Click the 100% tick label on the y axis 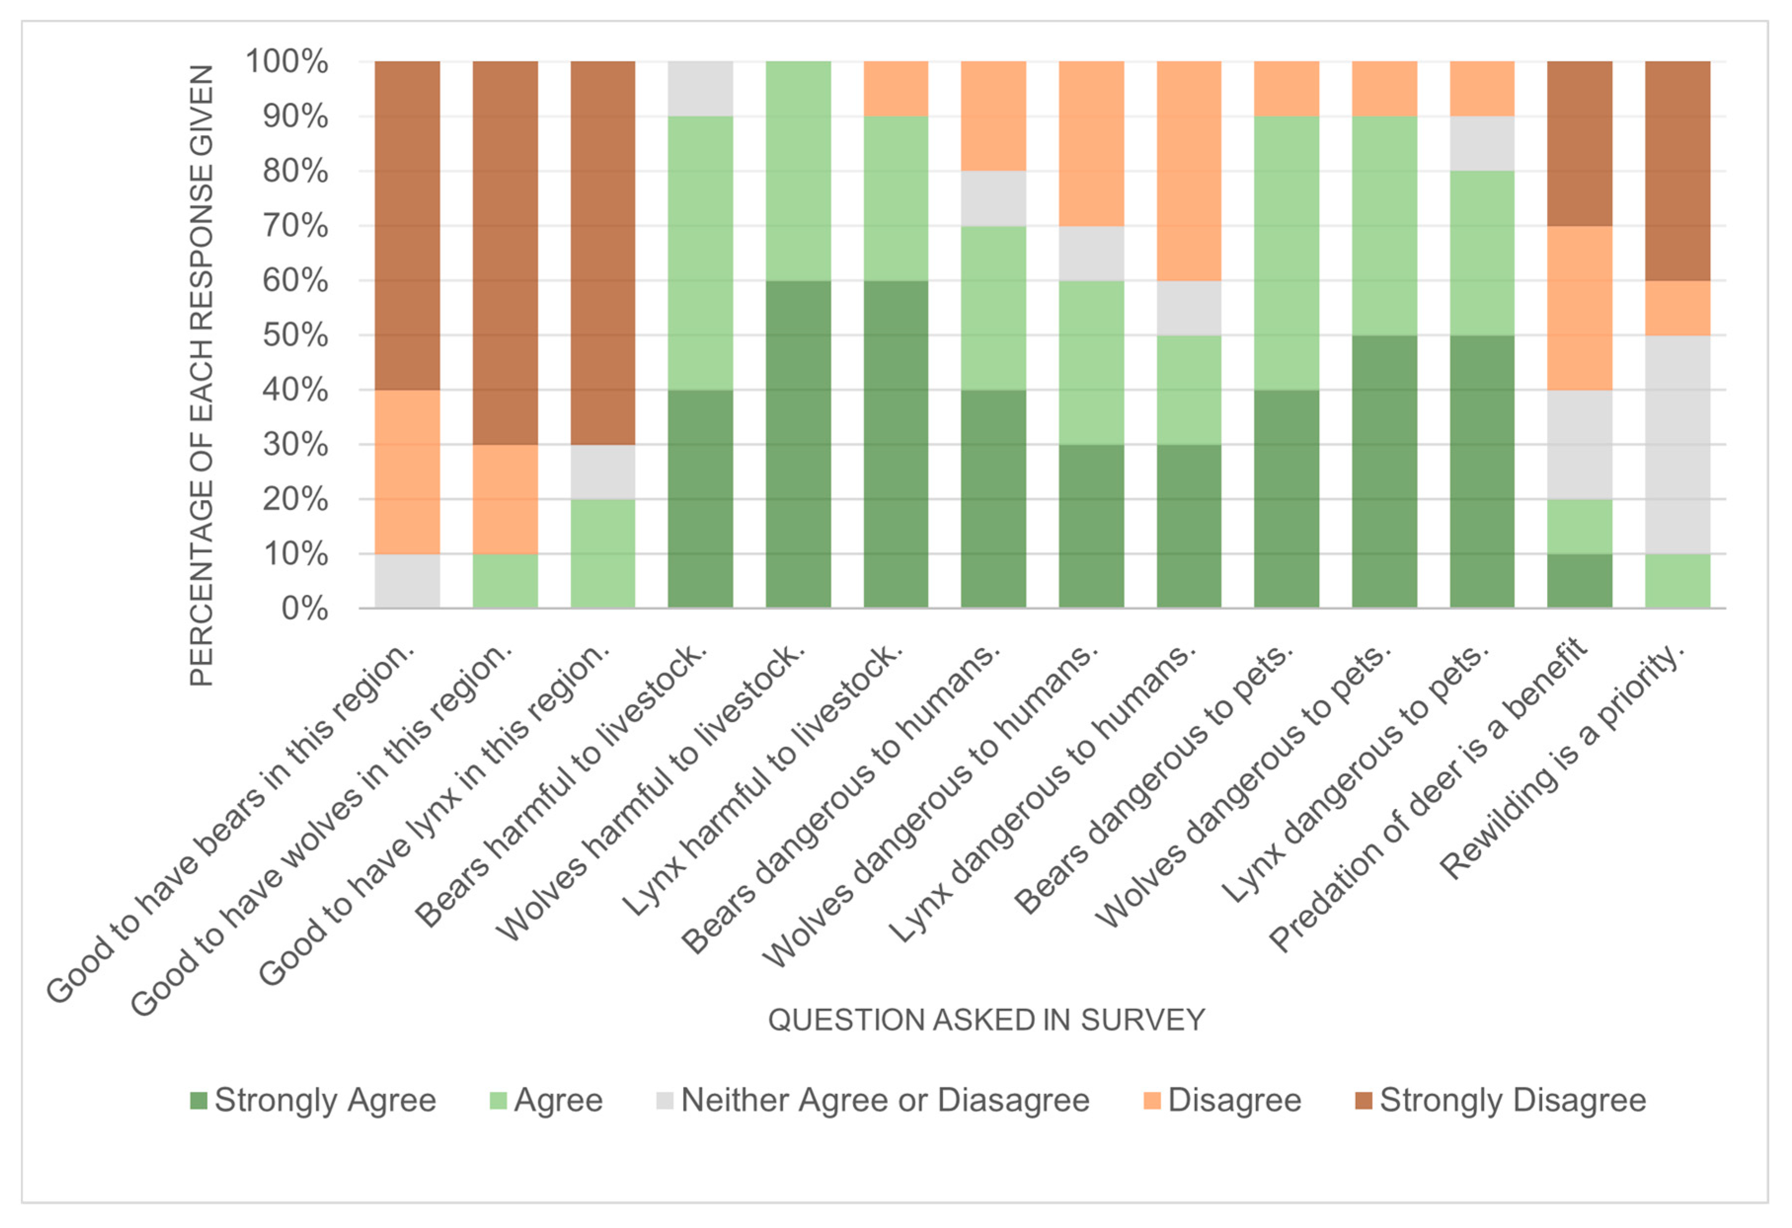pyautogui.click(x=287, y=62)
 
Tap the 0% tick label pyautogui.click(x=305, y=609)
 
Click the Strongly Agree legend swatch pyautogui.click(x=198, y=1101)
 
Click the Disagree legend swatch pyautogui.click(x=1152, y=1101)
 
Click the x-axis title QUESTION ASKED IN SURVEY pyautogui.click(x=986, y=1020)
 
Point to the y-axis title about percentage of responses pyautogui.click(x=201, y=376)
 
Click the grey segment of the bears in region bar pyautogui.click(x=407, y=581)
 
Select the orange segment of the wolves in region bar pyautogui.click(x=505, y=499)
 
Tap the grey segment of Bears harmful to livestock pyautogui.click(x=700, y=89)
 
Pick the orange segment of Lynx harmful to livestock pyautogui.click(x=896, y=89)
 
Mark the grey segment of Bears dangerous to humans pyautogui.click(x=993, y=198)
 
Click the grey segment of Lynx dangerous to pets pyautogui.click(x=1482, y=144)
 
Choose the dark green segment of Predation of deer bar pyautogui.click(x=1580, y=581)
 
